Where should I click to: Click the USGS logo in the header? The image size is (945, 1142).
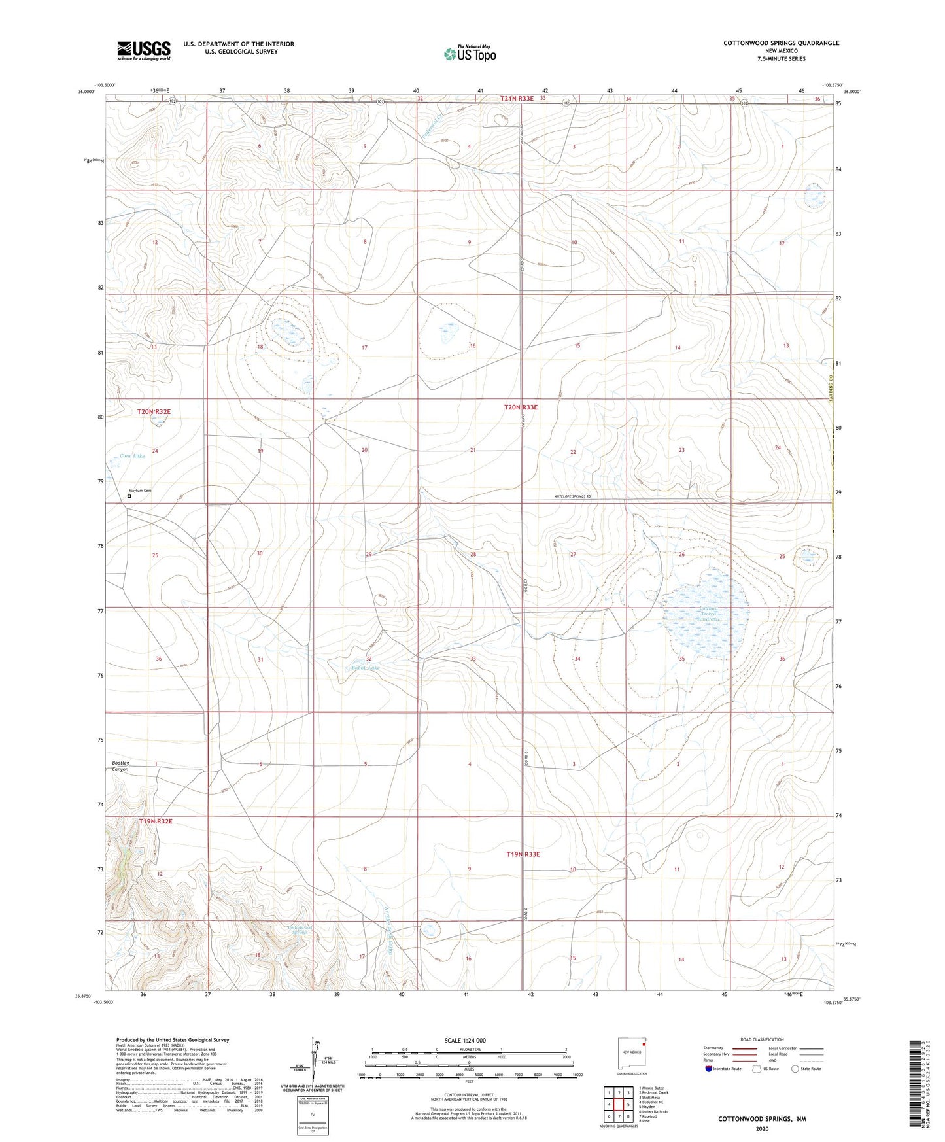pyautogui.click(x=144, y=50)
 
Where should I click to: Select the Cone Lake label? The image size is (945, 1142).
pyautogui.click(x=131, y=456)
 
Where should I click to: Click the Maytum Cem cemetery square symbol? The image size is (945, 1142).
pyautogui.click(x=129, y=496)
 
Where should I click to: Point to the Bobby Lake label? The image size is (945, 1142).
pyautogui.click(x=365, y=668)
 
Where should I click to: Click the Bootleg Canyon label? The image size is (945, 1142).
pyautogui.click(x=120, y=766)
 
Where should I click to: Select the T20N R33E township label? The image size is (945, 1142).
pyautogui.click(x=521, y=407)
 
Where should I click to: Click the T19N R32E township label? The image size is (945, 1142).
pyautogui.click(x=155, y=821)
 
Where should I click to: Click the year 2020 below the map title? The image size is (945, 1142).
pyautogui.click(x=762, y=1128)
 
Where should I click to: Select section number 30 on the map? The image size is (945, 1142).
pyautogui.click(x=260, y=553)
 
